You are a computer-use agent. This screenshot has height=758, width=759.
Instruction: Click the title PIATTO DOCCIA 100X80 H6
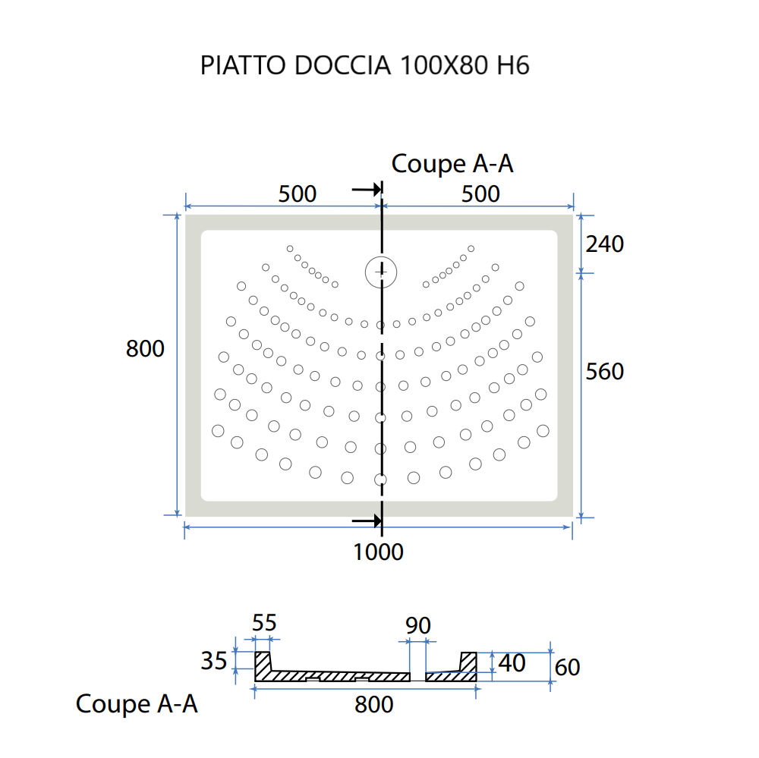[364, 66]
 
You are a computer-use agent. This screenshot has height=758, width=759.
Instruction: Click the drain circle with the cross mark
[380, 271]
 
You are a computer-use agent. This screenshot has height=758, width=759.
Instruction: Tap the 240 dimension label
[604, 244]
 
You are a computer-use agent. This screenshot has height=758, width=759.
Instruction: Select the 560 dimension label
[604, 371]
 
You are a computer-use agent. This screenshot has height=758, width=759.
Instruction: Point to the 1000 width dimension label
[378, 552]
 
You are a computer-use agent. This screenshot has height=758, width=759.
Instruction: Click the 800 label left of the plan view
[145, 349]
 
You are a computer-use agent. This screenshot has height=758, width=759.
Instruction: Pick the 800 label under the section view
[374, 705]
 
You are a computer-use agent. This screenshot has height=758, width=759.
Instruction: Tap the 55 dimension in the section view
[264, 623]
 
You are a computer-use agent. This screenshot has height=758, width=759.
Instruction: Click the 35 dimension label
[214, 661]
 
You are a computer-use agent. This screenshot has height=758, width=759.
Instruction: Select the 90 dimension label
[418, 625]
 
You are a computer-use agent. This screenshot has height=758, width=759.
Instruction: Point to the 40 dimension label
[512, 663]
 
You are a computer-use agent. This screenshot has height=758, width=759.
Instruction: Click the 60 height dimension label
[567, 667]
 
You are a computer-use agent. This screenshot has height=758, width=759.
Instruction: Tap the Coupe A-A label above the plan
[452, 164]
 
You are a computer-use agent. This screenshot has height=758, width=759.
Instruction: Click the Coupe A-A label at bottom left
[137, 704]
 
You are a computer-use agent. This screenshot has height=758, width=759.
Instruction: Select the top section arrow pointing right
[367, 190]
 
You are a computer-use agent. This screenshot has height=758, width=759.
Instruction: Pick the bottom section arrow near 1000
[367, 521]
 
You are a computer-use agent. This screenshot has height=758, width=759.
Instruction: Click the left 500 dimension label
[297, 194]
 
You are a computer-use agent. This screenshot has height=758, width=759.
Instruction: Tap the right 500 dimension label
[481, 194]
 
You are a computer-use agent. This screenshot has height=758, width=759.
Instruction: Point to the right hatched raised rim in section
[468, 662]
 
